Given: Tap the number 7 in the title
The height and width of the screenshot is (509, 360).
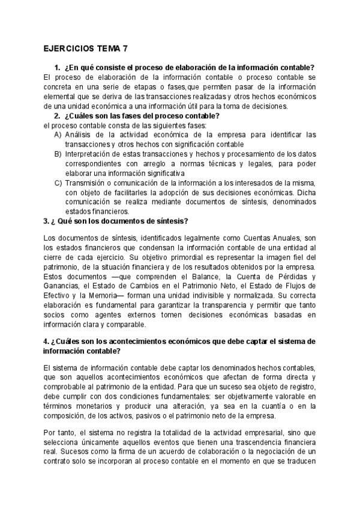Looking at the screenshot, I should pyautogui.click(x=125, y=50).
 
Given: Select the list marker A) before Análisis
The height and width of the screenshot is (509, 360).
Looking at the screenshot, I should pyautogui.click(x=58, y=135).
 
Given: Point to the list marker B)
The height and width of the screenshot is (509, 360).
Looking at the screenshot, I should pyautogui.click(x=58, y=154).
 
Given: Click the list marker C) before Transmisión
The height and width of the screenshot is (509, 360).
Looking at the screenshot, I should pyautogui.click(x=58, y=183).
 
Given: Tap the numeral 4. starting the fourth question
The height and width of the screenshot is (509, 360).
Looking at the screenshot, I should pyautogui.click(x=47, y=342).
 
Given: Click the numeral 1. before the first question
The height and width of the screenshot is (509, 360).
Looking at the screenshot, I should pyautogui.click(x=57, y=68).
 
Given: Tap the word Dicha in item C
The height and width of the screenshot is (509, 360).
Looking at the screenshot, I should pyautogui.click(x=306, y=193).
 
